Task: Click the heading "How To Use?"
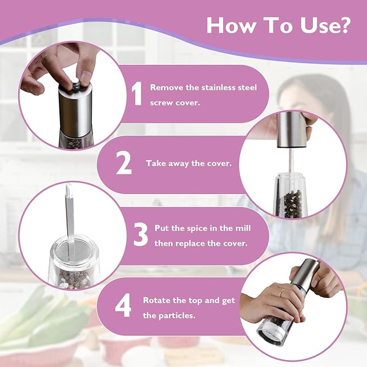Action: pos(278,25)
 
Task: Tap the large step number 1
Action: pos(137,94)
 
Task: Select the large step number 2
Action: pos(124,164)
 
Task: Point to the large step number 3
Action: pos(141,235)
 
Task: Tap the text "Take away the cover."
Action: pos(189,163)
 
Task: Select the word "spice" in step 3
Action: pos(195,228)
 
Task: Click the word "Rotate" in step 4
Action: pos(155,300)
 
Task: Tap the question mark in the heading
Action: pos(343,25)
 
